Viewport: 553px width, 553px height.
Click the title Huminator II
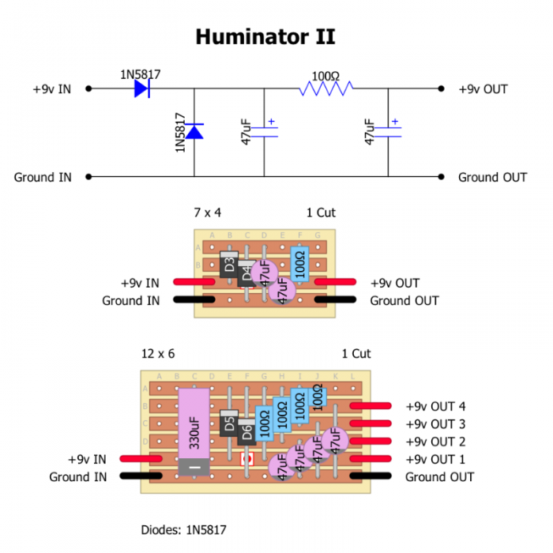tap(265, 36)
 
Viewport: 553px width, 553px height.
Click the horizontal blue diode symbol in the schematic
tap(142, 89)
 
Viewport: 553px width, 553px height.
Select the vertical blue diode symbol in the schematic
tap(194, 130)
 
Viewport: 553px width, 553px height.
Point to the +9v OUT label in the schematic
tap(483, 89)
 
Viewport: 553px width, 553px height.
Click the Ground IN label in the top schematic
tap(43, 177)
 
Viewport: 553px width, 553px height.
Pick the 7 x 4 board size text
tap(208, 213)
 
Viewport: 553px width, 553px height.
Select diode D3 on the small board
tap(229, 265)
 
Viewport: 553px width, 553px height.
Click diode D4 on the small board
tap(246, 275)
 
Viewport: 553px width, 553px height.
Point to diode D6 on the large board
tap(246, 432)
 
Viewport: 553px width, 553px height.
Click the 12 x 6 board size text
tap(158, 353)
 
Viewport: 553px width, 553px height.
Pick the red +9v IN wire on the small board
tap(193, 281)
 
